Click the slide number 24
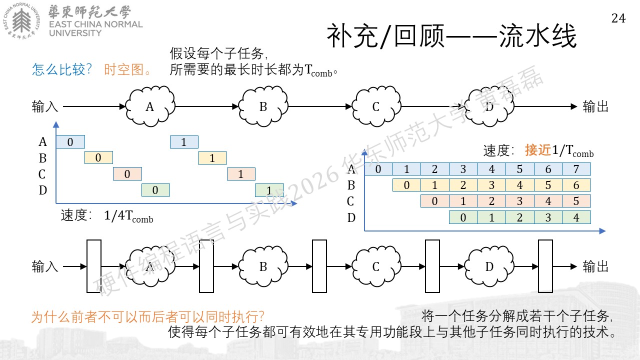[x=618, y=18]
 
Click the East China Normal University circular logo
[x=21, y=21]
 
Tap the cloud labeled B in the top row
[x=263, y=106]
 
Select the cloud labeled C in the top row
[x=376, y=106]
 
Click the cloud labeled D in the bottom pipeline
[x=489, y=266]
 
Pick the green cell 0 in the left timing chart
[x=155, y=190]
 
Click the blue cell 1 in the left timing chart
[x=184, y=142]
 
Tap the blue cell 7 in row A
[x=576, y=169]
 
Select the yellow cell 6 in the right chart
[x=576, y=185]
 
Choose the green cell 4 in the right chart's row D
[x=576, y=217]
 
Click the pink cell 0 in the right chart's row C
[x=435, y=201]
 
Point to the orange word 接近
[x=538, y=150]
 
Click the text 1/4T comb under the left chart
[x=128, y=216]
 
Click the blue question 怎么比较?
[x=61, y=69]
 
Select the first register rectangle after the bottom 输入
[x=94, y=266]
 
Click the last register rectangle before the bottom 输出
[x=545, y=266]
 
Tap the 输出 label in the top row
[x=595, y=106]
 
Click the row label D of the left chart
[x=43, y=190]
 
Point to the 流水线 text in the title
[x=538, y=36]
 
